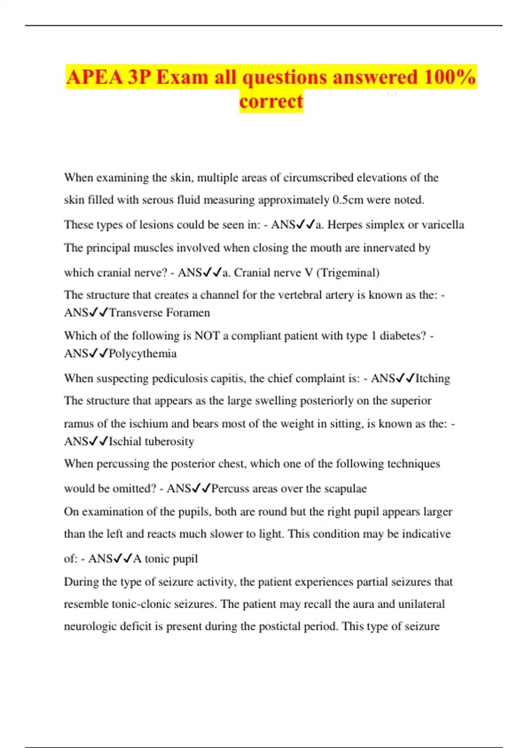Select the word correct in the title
[271, 101]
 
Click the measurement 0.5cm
[348, 200]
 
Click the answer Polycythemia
[143, 354]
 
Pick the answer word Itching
[433, 378]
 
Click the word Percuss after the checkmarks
[230, 489]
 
